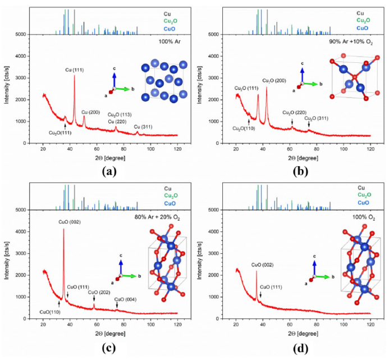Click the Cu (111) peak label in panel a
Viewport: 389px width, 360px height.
(x=75, y=70)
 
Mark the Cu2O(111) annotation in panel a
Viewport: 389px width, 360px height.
(x=61, y=133)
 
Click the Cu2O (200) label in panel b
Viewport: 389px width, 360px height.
(x=276, y=80)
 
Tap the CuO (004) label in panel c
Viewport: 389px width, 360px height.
(x=126, y=299)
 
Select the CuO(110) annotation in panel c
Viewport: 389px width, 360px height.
(x=51, y=311)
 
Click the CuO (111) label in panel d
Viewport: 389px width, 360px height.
(x=272, y=288)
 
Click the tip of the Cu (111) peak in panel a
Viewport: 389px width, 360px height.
(x=74, y=76)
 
